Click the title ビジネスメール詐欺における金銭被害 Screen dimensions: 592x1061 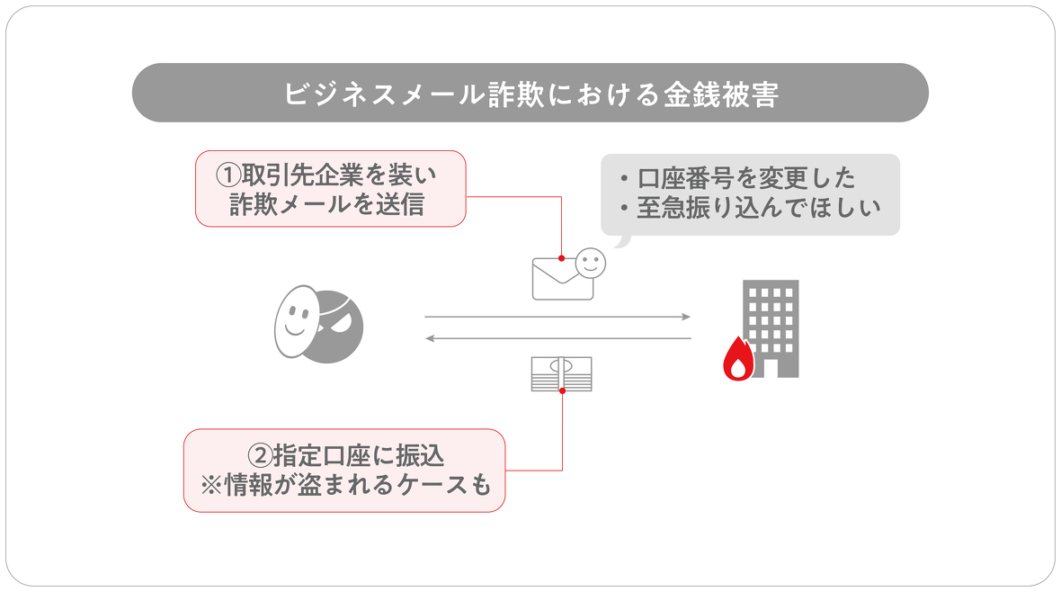530,94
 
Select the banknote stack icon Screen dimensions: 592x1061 561,373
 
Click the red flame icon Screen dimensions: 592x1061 738,359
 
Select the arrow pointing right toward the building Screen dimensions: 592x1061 557,317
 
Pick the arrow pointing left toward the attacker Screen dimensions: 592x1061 557,338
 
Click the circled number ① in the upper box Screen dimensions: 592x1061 228,173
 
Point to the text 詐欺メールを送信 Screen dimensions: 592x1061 330,204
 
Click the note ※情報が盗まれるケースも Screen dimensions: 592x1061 344,487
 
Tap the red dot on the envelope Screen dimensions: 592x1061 561,258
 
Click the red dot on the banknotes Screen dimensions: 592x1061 562,390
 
